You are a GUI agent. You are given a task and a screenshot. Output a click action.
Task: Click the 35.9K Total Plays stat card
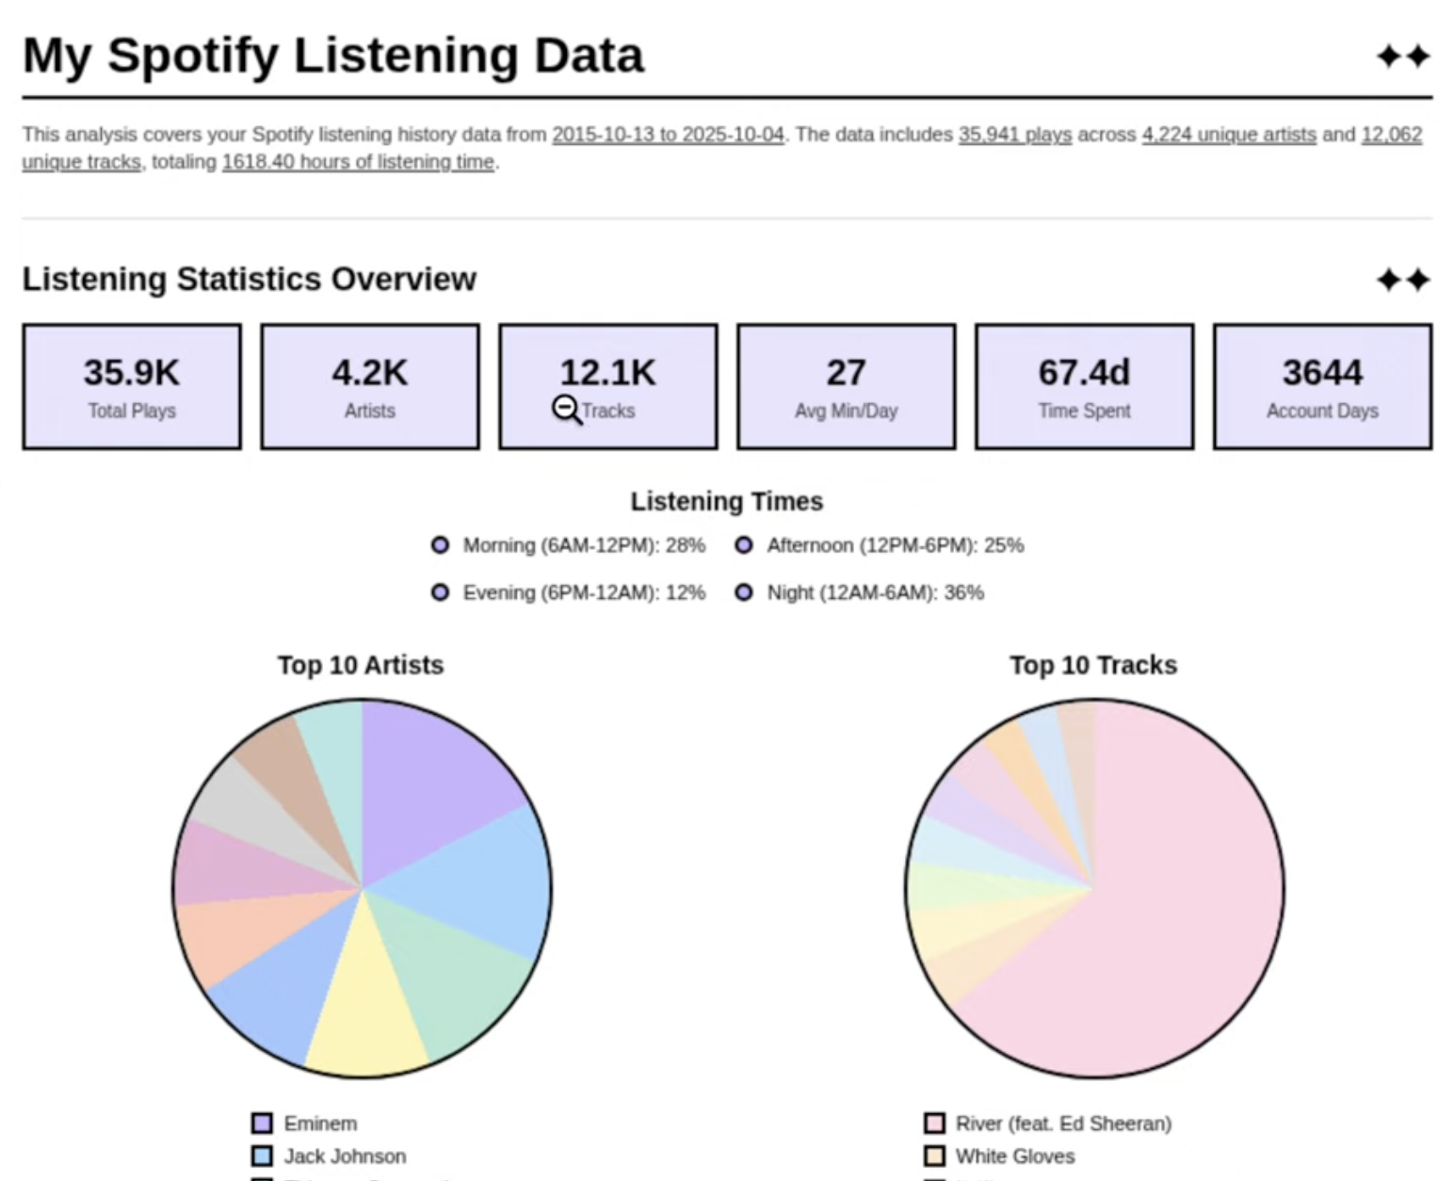coord(132,386)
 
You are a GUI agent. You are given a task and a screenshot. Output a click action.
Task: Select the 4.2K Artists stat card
coord(369,386)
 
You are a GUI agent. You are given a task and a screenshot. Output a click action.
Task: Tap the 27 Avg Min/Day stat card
coord(846,386)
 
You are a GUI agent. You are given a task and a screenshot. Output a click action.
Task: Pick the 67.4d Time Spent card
coord(1084,386)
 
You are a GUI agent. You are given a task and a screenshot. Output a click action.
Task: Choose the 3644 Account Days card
coord(1322,386)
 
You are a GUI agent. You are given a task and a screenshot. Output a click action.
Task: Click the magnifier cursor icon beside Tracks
coord(566,410)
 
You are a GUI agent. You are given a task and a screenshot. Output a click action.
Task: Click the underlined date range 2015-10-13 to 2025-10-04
coord(668,135)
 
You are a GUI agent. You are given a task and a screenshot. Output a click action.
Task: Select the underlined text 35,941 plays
coord(1014,135)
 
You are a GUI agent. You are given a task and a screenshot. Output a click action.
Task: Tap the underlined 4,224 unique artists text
coord(1228,135)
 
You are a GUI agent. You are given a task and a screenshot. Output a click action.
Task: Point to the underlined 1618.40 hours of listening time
coord(358,162)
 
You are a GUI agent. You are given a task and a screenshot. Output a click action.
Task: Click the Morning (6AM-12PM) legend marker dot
coord(440,545)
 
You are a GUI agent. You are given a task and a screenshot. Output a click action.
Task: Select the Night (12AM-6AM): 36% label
coord(875,592)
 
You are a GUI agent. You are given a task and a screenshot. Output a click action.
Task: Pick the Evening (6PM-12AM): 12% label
coord(583,592)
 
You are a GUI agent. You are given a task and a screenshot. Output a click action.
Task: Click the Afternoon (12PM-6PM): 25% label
coord(895,545)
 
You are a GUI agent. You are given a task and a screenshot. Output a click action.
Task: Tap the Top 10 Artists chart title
coord(361,665)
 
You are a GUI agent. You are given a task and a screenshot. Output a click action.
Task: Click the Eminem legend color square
coord(262,1124)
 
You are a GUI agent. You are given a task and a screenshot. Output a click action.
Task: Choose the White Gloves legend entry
coord(1014,1156)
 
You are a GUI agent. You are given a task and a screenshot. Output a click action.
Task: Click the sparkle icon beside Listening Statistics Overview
coord(1403,280)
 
